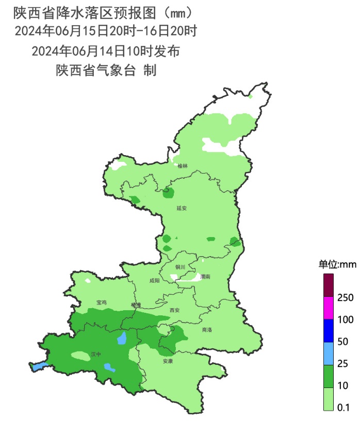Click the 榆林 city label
tap(183, 166)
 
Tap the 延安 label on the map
tap(181, 209)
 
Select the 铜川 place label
tap(180, 267)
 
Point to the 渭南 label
tap(205, 277)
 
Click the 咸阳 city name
tap(155, 281)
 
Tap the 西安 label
tap(174, 310)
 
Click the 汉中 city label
tap(96, 355)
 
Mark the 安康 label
tap(168, 361)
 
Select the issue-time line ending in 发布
tap(105, 50)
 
